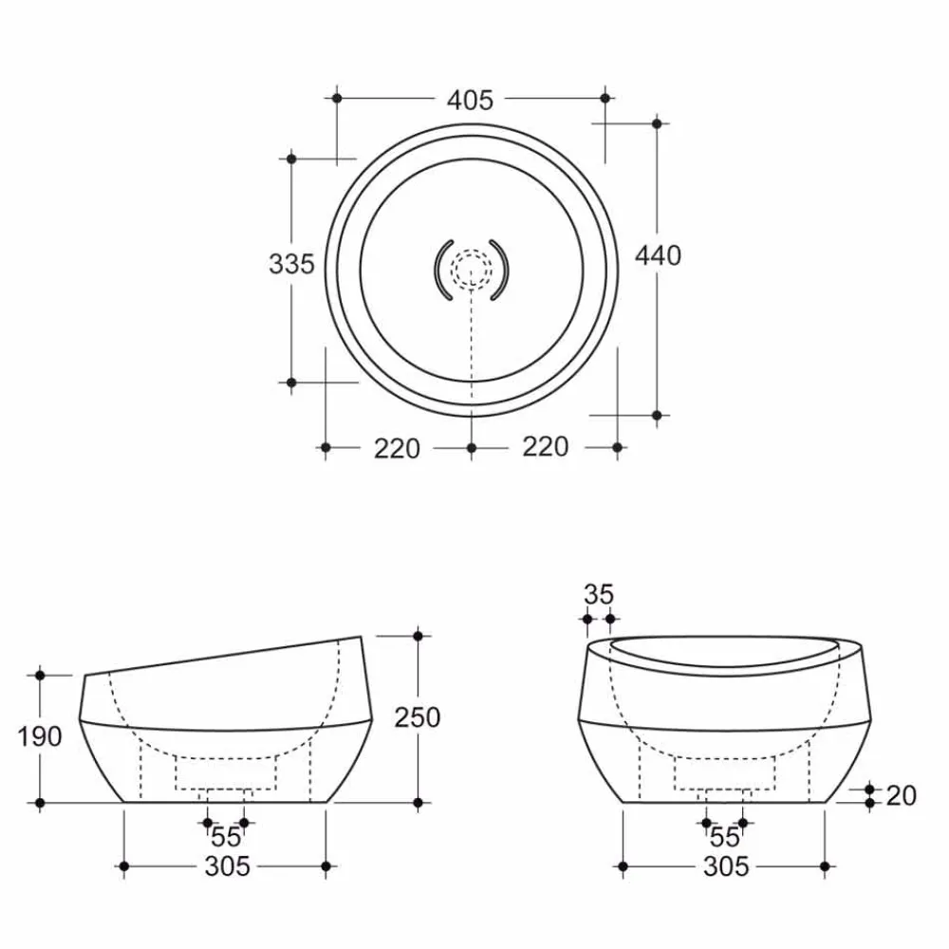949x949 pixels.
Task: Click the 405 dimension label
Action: click(471, 100)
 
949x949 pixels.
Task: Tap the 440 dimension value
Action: click(658, 255)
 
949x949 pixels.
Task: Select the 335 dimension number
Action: click(291, 264)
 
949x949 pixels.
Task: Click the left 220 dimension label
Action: click(397, 449)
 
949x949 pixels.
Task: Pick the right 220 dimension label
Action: click(546, 447)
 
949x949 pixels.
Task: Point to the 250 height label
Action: click(417, 717)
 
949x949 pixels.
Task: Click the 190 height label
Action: click(39, 736)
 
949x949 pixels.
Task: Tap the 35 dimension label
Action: click(599, 594)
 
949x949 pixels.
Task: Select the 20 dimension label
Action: click(902, 795)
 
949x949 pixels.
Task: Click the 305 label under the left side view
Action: click(228, 866)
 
